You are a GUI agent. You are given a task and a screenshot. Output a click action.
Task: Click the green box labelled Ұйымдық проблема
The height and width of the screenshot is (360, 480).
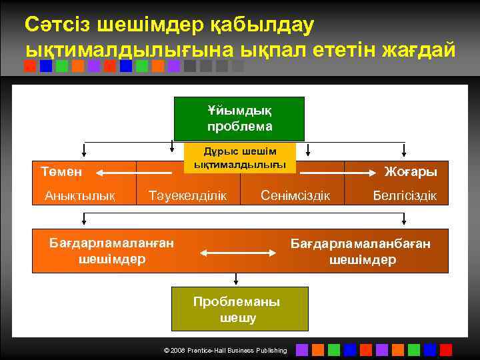(239, 118)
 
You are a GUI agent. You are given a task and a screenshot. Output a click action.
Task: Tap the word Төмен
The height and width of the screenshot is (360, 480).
(61, 171)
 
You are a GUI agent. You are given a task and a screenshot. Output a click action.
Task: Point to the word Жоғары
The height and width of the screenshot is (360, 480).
(411, 171)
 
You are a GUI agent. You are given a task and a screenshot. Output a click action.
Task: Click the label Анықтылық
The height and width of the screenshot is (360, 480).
(80, 195)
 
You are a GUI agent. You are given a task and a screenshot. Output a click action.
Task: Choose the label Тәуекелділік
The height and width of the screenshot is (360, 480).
(188, 195)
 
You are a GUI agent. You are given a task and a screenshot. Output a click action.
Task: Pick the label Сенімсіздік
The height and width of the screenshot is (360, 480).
(295, 195)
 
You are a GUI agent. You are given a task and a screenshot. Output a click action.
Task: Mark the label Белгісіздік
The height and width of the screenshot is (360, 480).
(405, 195)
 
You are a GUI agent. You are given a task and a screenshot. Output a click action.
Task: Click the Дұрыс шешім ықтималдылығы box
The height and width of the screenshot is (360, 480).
(239, 158)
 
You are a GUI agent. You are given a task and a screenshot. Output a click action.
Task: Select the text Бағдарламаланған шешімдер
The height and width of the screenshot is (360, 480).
(112, 251)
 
